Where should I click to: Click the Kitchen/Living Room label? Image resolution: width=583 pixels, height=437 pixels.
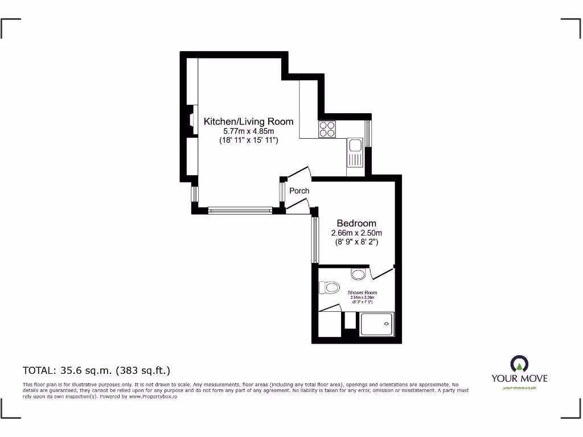248,121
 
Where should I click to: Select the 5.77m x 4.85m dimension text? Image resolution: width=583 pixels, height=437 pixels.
248,131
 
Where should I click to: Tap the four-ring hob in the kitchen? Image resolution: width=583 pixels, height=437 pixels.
327,129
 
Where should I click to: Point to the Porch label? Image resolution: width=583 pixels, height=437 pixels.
299,191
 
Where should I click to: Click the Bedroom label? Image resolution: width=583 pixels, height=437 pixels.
356,223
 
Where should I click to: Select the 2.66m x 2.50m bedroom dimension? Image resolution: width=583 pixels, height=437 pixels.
356,233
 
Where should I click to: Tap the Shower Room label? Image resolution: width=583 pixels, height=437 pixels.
362,292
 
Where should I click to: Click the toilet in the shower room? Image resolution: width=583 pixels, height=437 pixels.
328,288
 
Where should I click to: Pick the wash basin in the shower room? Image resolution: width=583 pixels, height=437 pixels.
358,275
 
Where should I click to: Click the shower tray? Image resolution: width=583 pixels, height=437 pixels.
377,324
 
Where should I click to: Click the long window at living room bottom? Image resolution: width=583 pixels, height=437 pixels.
240,210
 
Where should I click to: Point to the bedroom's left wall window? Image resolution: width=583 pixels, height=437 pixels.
314,240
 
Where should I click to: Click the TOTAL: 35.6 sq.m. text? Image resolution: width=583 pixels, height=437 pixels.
96,370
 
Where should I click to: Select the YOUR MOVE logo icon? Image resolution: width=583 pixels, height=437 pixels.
519,364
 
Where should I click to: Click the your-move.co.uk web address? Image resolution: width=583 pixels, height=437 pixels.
519,388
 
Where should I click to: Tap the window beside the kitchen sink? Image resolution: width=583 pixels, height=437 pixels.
368,133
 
